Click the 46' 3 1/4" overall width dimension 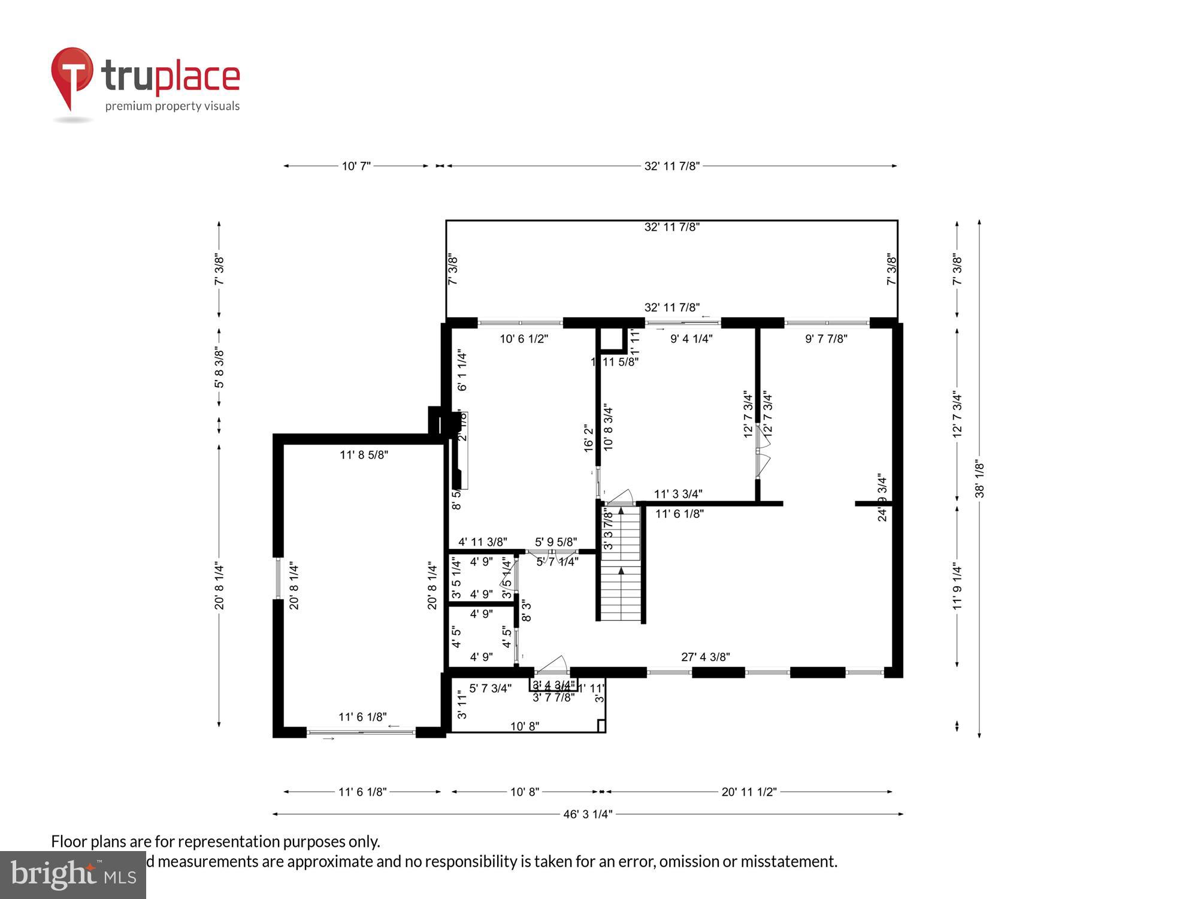coord(588,814)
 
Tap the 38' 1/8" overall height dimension coord(979,479)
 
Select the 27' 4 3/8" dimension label coord(705,657)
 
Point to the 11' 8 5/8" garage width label coord(364,455)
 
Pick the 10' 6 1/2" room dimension coord(524,339)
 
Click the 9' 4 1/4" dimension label coord(691,339)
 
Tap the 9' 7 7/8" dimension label coord(825,339)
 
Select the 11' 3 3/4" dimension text coord(677,494)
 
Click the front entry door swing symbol coord(552,665)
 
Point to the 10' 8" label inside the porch coord(524,726)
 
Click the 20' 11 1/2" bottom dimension coord(748,792)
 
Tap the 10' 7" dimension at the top coord(356,166)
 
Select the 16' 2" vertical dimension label coord(589,438)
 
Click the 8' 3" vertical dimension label coord(527,610)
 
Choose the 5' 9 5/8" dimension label coord(555,542)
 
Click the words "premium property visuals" coord(173,106)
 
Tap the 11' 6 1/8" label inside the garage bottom coord(362,717)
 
